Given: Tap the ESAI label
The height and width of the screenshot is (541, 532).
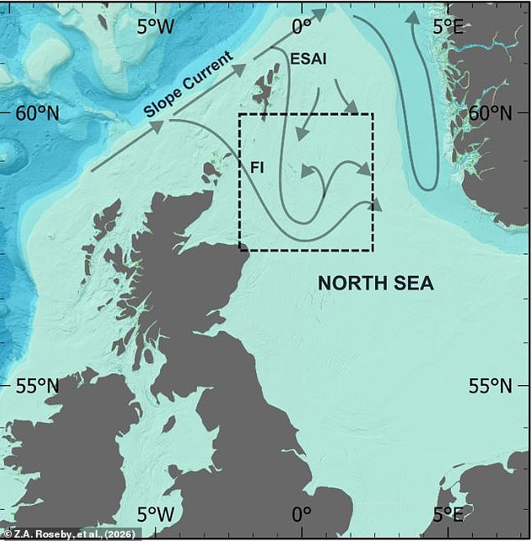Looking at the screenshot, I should click(308, 59).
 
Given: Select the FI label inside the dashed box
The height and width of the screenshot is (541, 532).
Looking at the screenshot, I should click(258, 167).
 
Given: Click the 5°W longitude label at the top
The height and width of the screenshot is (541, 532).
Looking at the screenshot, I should click(155, 27).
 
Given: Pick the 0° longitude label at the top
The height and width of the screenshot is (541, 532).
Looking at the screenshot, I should click(301, 27).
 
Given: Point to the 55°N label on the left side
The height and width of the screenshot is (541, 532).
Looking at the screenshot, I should click(38, 386).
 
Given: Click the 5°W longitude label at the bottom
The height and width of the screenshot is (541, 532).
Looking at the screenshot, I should click(155, 512).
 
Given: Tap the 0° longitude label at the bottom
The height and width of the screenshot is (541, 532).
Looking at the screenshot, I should click(301, 512).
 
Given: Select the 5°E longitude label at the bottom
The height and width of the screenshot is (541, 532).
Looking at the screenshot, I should click(446, 512).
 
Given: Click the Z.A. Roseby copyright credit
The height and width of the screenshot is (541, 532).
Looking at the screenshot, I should click(71, 533).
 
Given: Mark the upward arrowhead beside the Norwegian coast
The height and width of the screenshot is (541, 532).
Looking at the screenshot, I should click(413, 18).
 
